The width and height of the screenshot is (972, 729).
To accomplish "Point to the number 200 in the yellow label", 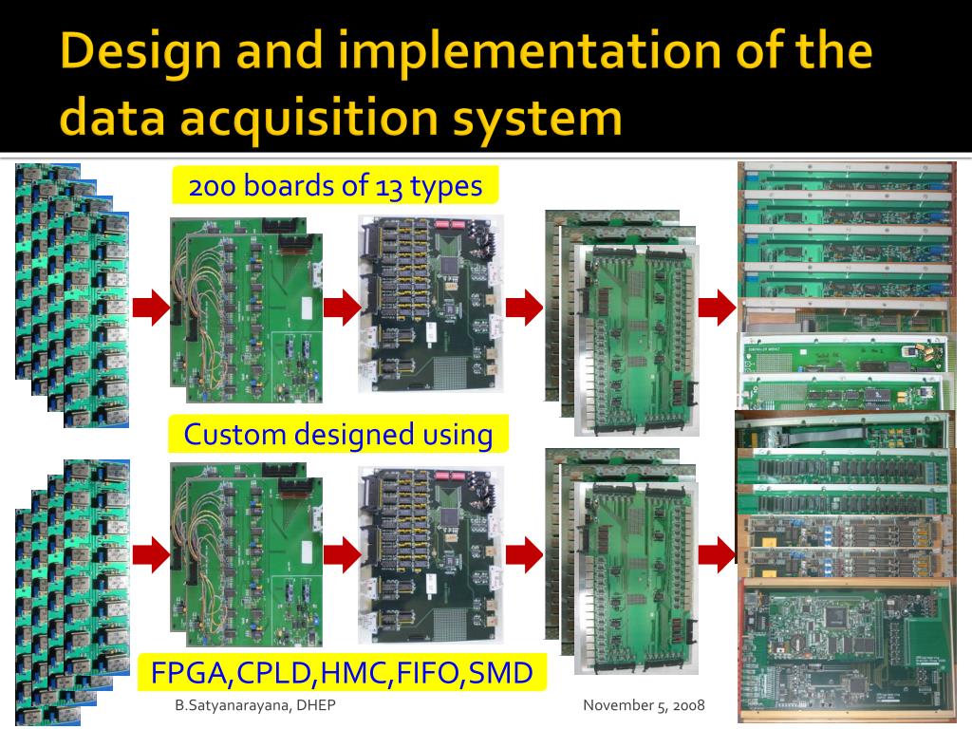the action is [214, 186].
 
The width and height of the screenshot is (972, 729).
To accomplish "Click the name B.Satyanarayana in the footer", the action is [222, 705].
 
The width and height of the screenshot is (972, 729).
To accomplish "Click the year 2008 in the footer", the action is [683, 705].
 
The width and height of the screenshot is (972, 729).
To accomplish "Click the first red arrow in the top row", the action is [150, 308].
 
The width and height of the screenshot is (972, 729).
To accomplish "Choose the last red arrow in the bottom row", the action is [718, 551].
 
